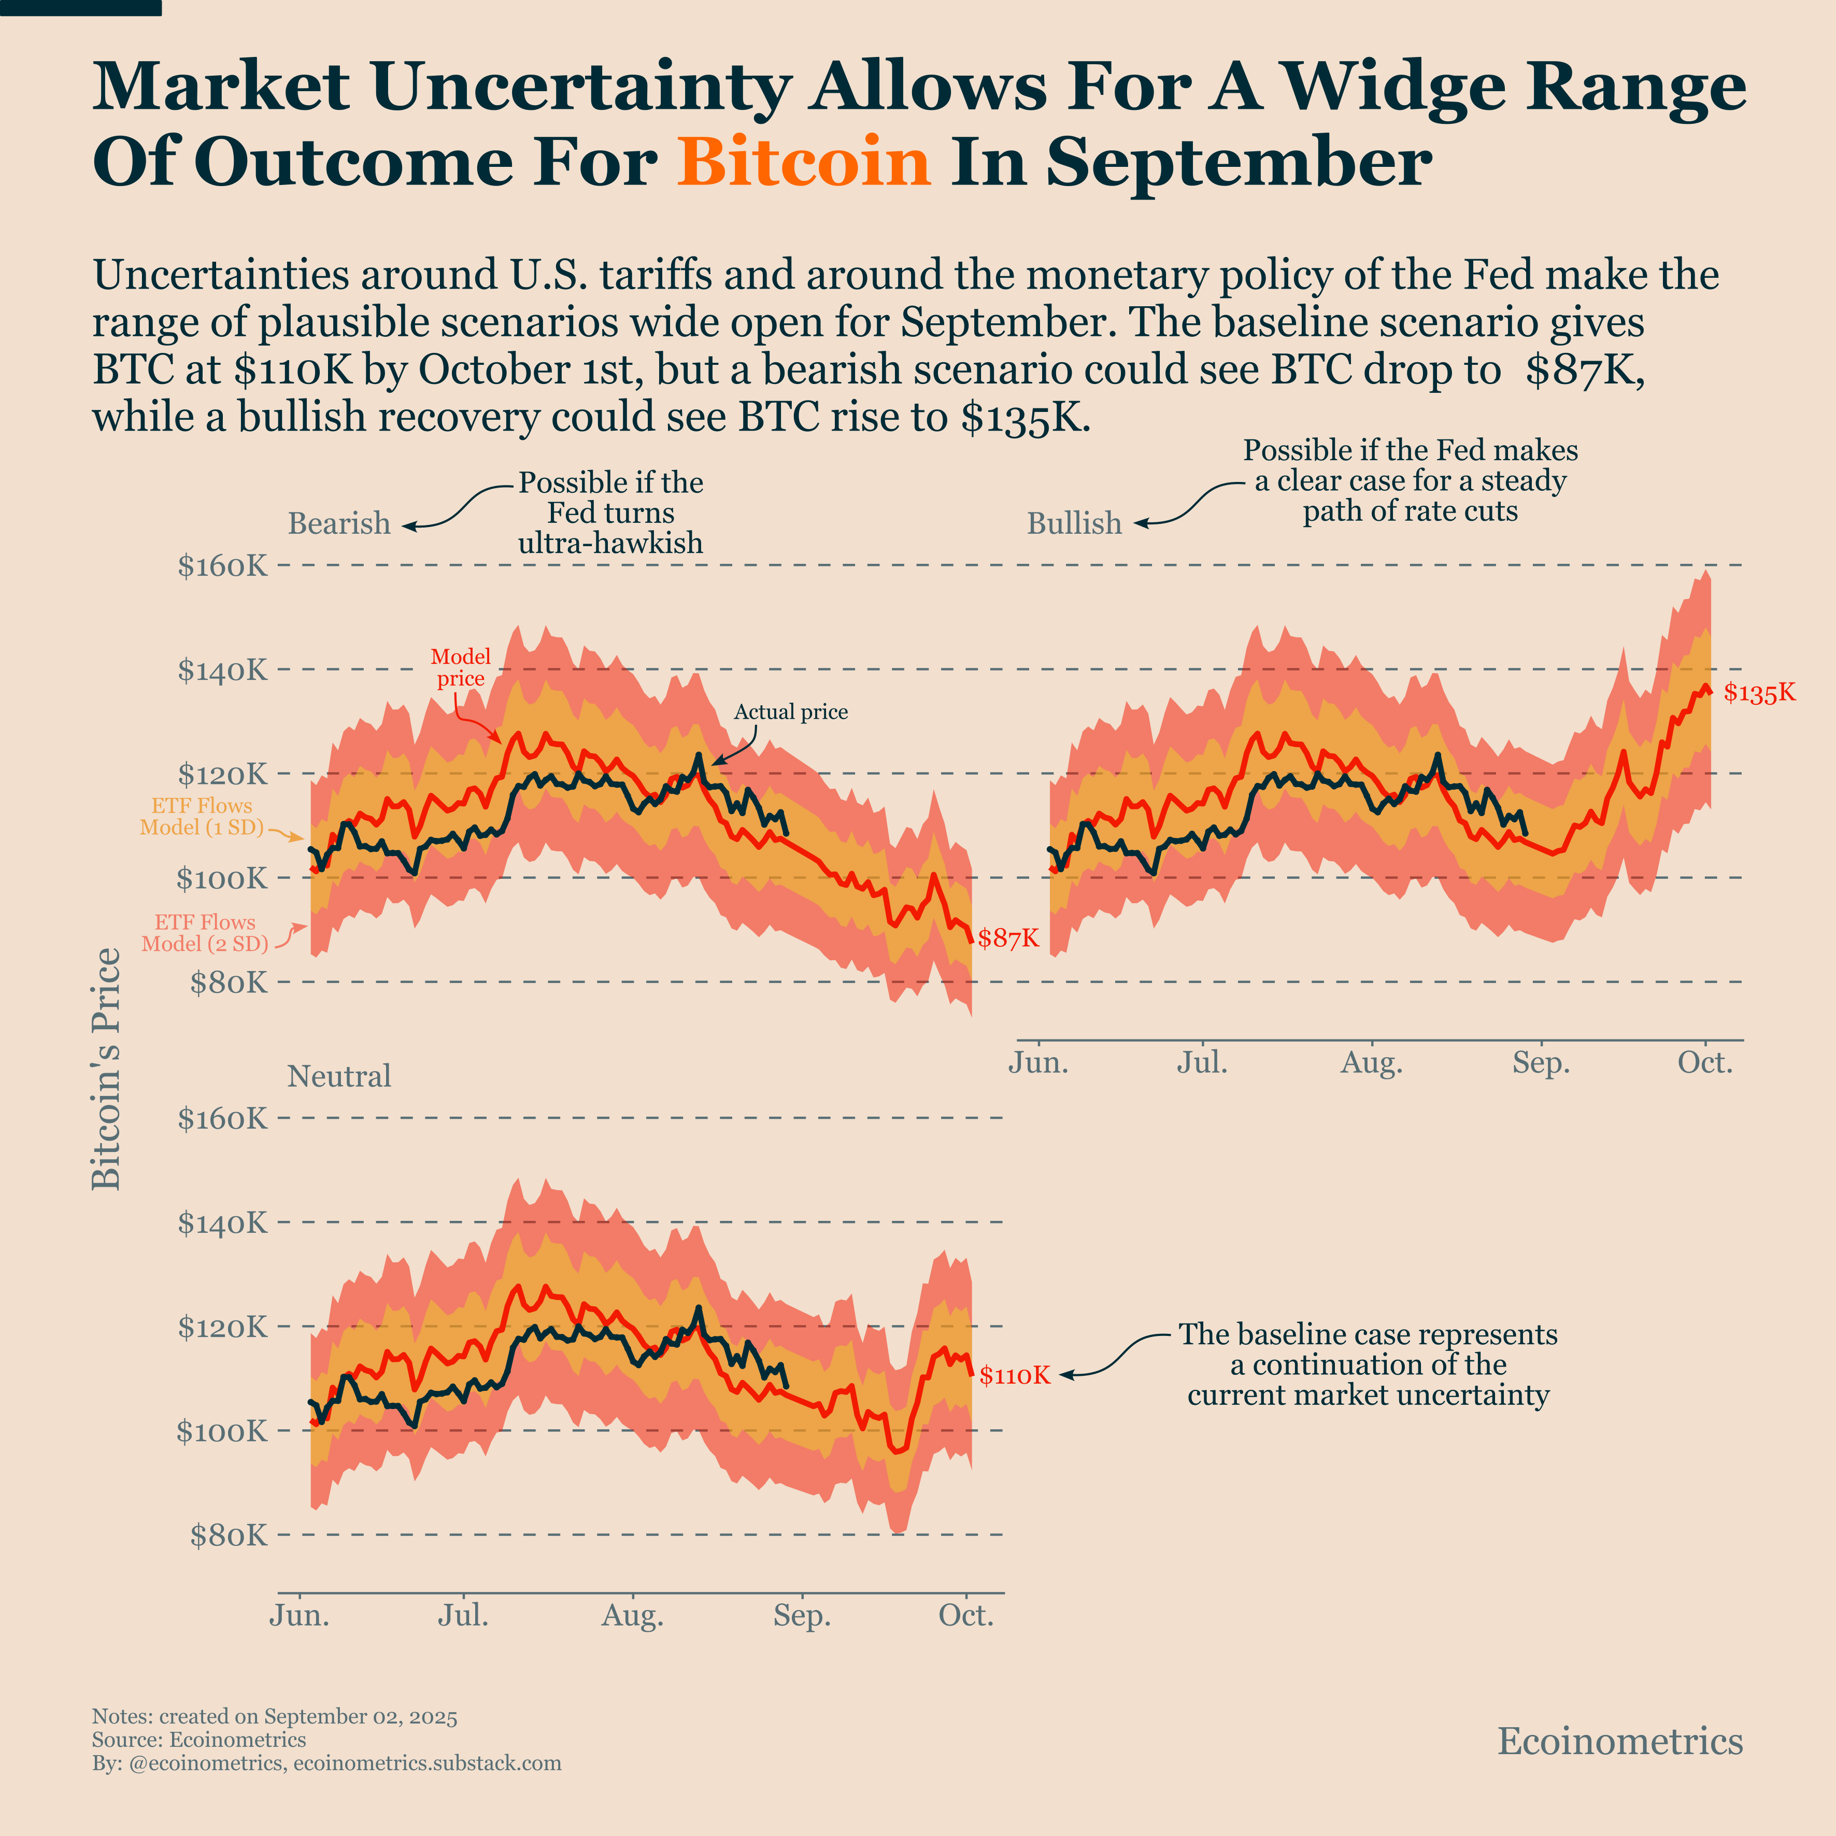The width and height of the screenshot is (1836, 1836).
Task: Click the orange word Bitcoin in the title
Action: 803,162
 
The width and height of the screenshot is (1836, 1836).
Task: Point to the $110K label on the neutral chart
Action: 1015,1375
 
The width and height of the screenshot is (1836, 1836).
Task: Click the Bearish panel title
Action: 339,523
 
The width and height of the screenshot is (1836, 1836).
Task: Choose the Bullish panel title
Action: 1074,523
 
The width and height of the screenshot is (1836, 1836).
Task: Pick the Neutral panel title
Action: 339,1077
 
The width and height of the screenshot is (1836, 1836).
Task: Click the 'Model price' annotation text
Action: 461,667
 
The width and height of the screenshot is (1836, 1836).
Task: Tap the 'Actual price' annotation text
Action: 791,712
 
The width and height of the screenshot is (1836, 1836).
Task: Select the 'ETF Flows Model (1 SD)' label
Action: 202,816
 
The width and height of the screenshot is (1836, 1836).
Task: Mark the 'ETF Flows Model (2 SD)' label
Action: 204,933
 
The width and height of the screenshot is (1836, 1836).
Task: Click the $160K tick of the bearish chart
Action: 222,566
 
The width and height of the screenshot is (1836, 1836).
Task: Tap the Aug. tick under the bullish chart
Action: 1371,1062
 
